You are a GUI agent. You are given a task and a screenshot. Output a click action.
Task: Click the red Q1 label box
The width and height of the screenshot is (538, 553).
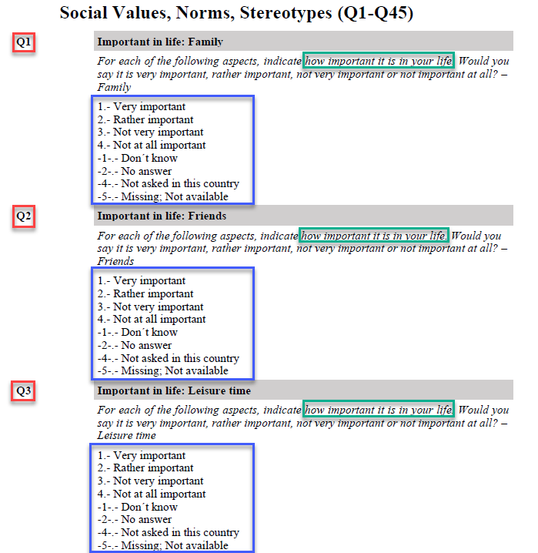(x=25, y=42)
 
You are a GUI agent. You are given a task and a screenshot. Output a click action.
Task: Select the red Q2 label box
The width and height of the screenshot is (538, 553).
(x=25, y=216)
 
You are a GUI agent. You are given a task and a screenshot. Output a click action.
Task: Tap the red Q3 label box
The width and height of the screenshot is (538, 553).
(x=25, y=391)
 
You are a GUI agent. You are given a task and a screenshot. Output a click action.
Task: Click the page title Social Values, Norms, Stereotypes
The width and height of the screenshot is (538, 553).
(x=236, y=13)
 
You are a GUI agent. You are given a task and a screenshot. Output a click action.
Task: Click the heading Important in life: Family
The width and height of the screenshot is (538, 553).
(x=160, y=42)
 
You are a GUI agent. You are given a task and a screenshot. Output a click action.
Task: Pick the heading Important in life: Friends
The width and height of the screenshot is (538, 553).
(x=162, y=216)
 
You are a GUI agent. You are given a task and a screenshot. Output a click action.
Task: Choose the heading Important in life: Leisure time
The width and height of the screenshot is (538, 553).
(x=174, y=390)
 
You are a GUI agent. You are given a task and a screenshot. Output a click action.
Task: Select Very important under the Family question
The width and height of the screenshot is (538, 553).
(x=142, y=107)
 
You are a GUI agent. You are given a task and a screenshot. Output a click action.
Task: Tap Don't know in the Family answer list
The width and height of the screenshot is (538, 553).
(x=138, y=158)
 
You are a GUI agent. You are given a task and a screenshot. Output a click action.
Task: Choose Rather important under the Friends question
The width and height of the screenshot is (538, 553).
(x=145, y=293)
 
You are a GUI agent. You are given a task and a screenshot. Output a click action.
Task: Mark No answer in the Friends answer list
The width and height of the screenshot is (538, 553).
(x=135, y=345)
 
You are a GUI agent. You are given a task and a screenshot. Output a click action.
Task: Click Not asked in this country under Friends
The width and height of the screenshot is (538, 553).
(x=169, y=358)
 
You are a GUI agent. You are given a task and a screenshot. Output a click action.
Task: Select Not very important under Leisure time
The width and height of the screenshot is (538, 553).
(x=150, y=481)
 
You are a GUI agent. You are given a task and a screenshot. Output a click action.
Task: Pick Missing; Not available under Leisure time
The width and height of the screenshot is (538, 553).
(x=163, y=545)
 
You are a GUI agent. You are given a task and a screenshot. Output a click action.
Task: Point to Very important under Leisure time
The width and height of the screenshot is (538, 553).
(x=142, y=455)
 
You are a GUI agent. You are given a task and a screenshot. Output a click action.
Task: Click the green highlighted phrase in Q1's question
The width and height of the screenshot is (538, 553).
(x=379, y=61)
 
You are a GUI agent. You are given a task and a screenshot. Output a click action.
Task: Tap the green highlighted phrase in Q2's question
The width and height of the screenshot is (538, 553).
(x=373, y=236)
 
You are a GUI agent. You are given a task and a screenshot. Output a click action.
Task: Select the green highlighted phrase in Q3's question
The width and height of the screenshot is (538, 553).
(x=379, y=410)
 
